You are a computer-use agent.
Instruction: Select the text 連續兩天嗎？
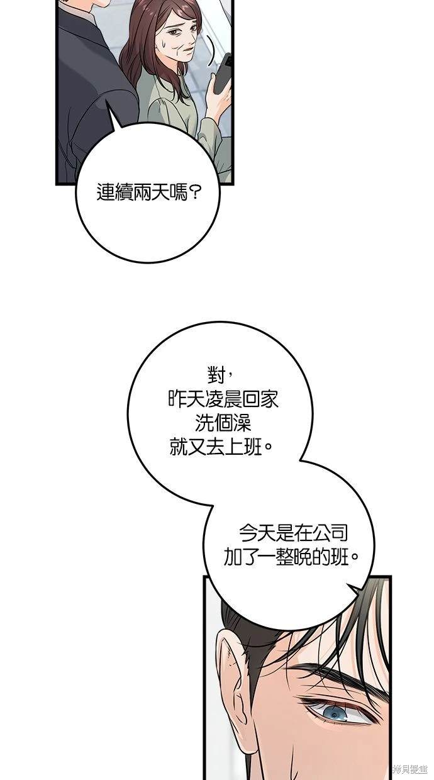point(148,192)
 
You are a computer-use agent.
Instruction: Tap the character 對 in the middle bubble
point(216,376)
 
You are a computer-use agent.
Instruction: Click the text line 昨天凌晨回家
point(223,399)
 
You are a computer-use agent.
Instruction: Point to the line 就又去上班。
point(221,447)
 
